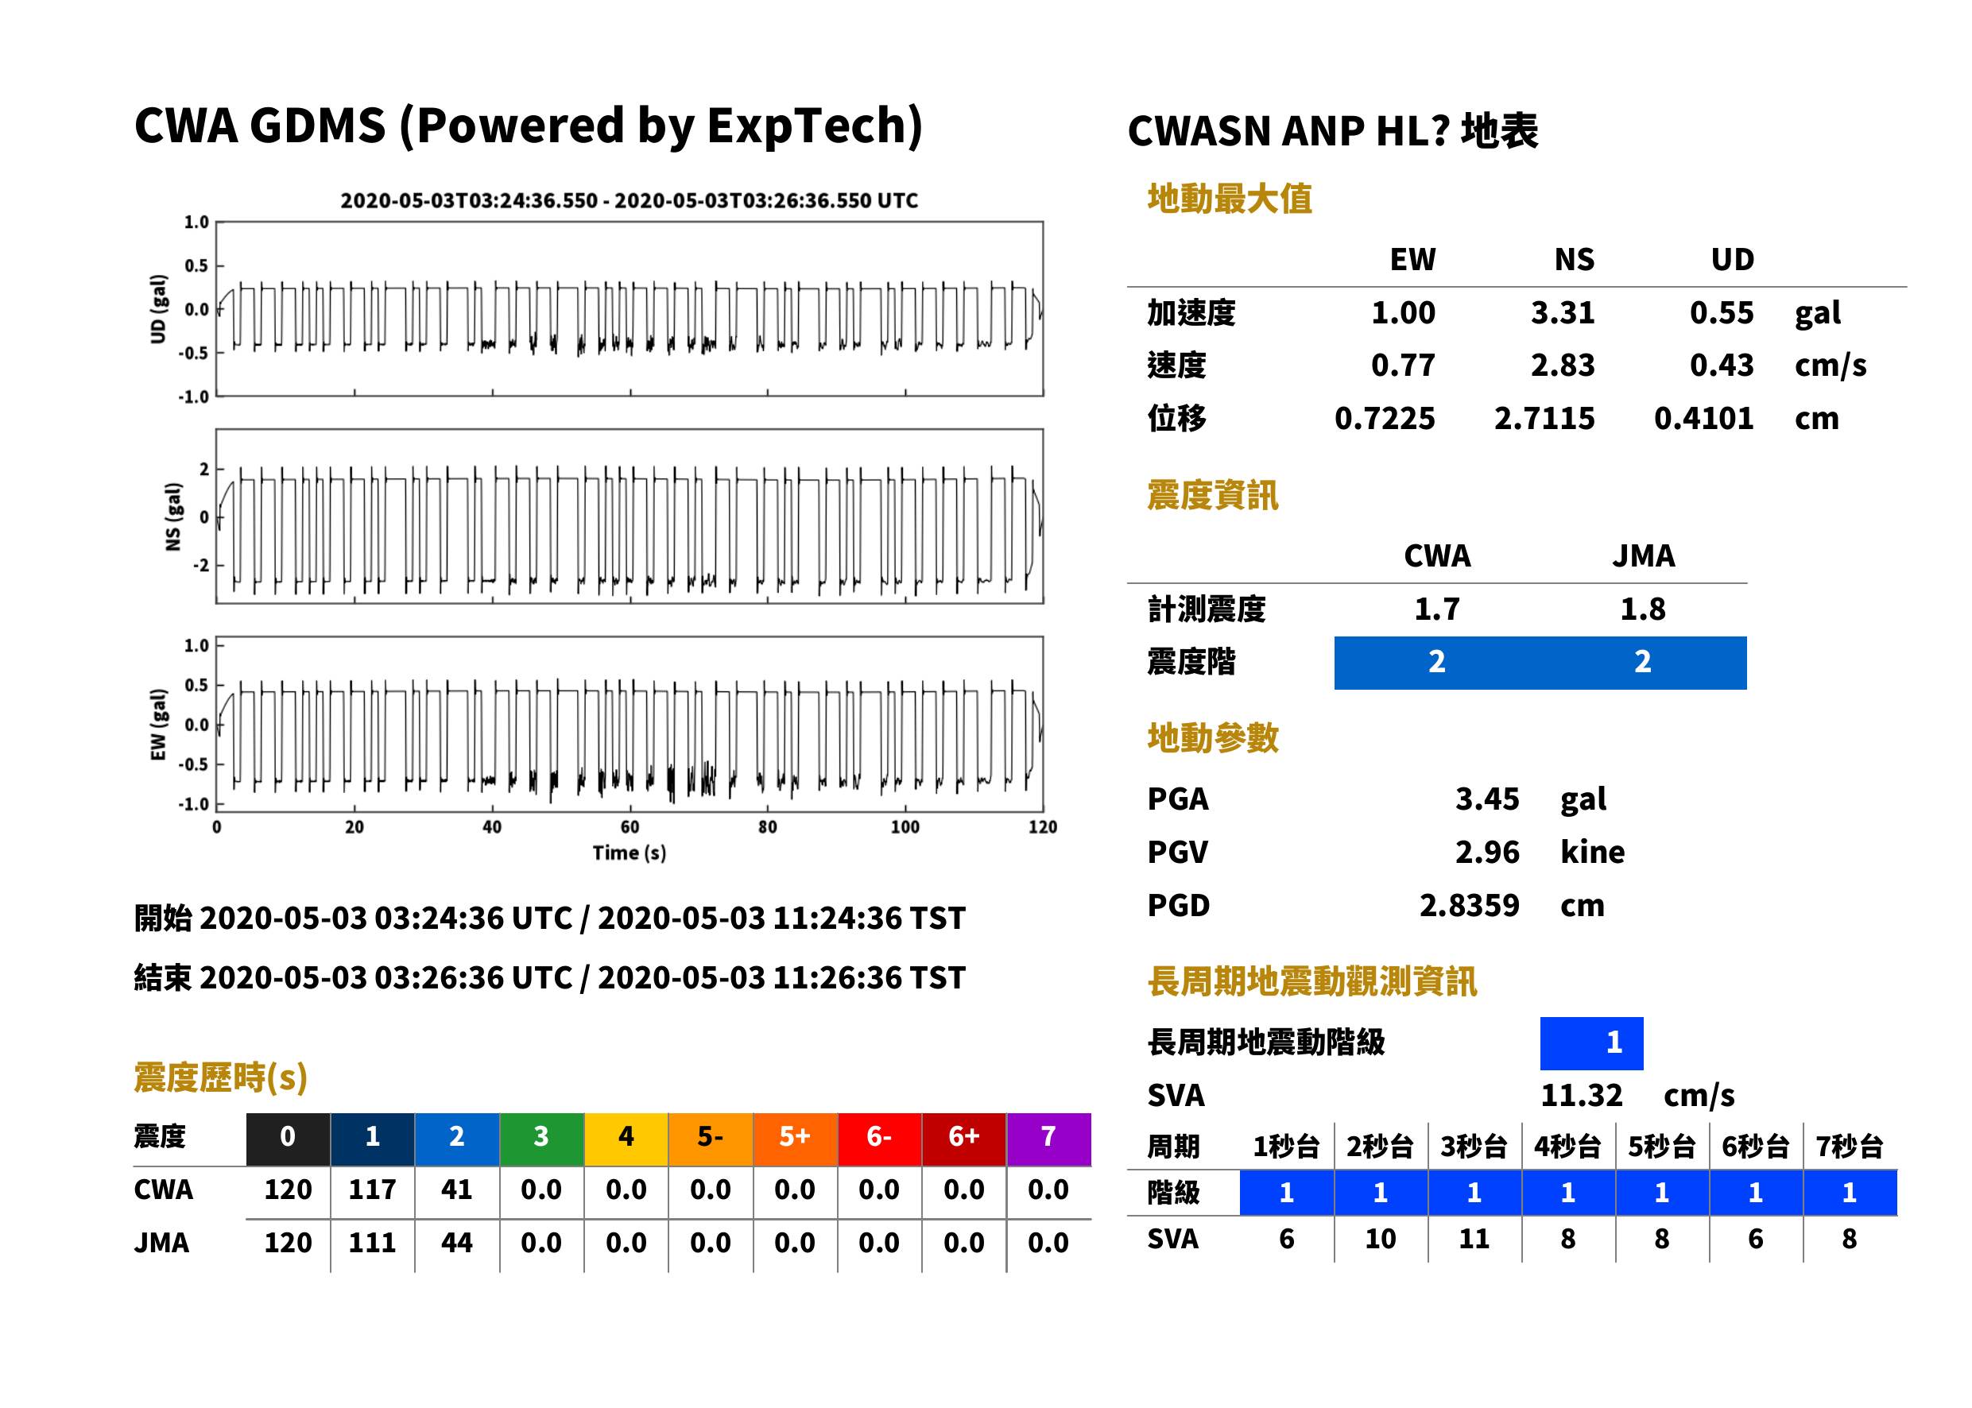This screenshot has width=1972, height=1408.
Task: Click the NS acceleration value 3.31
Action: pos(1562,313)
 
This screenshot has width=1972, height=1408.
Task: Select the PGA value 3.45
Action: pos(1486,799)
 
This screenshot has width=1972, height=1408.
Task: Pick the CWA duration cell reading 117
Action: pos(372,1189)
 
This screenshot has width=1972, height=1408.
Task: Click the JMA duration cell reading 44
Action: pos(456,1243)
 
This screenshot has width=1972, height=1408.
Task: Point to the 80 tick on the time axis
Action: pos(768,827)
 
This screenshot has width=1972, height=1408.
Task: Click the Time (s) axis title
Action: pos(630,853)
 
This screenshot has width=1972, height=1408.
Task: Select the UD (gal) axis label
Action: pos(158,310)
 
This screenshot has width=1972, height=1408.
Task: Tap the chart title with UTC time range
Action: pos(629,200)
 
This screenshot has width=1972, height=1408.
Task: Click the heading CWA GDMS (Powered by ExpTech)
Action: pos(528,126)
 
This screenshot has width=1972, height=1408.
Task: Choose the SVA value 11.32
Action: pos(1581,1096)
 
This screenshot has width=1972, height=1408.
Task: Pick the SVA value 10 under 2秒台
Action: pos(1380,1239)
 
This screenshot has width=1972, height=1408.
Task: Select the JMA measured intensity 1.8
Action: pos(1642,609)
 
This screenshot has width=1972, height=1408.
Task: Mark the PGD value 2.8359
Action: pos(1469,906)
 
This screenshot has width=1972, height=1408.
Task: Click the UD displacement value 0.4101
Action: pos(1703,419)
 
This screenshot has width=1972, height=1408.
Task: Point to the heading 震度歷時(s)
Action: pos(220,1077)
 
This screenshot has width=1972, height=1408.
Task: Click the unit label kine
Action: pos(1592,853)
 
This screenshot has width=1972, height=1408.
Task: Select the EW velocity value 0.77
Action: pos(1402,366)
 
